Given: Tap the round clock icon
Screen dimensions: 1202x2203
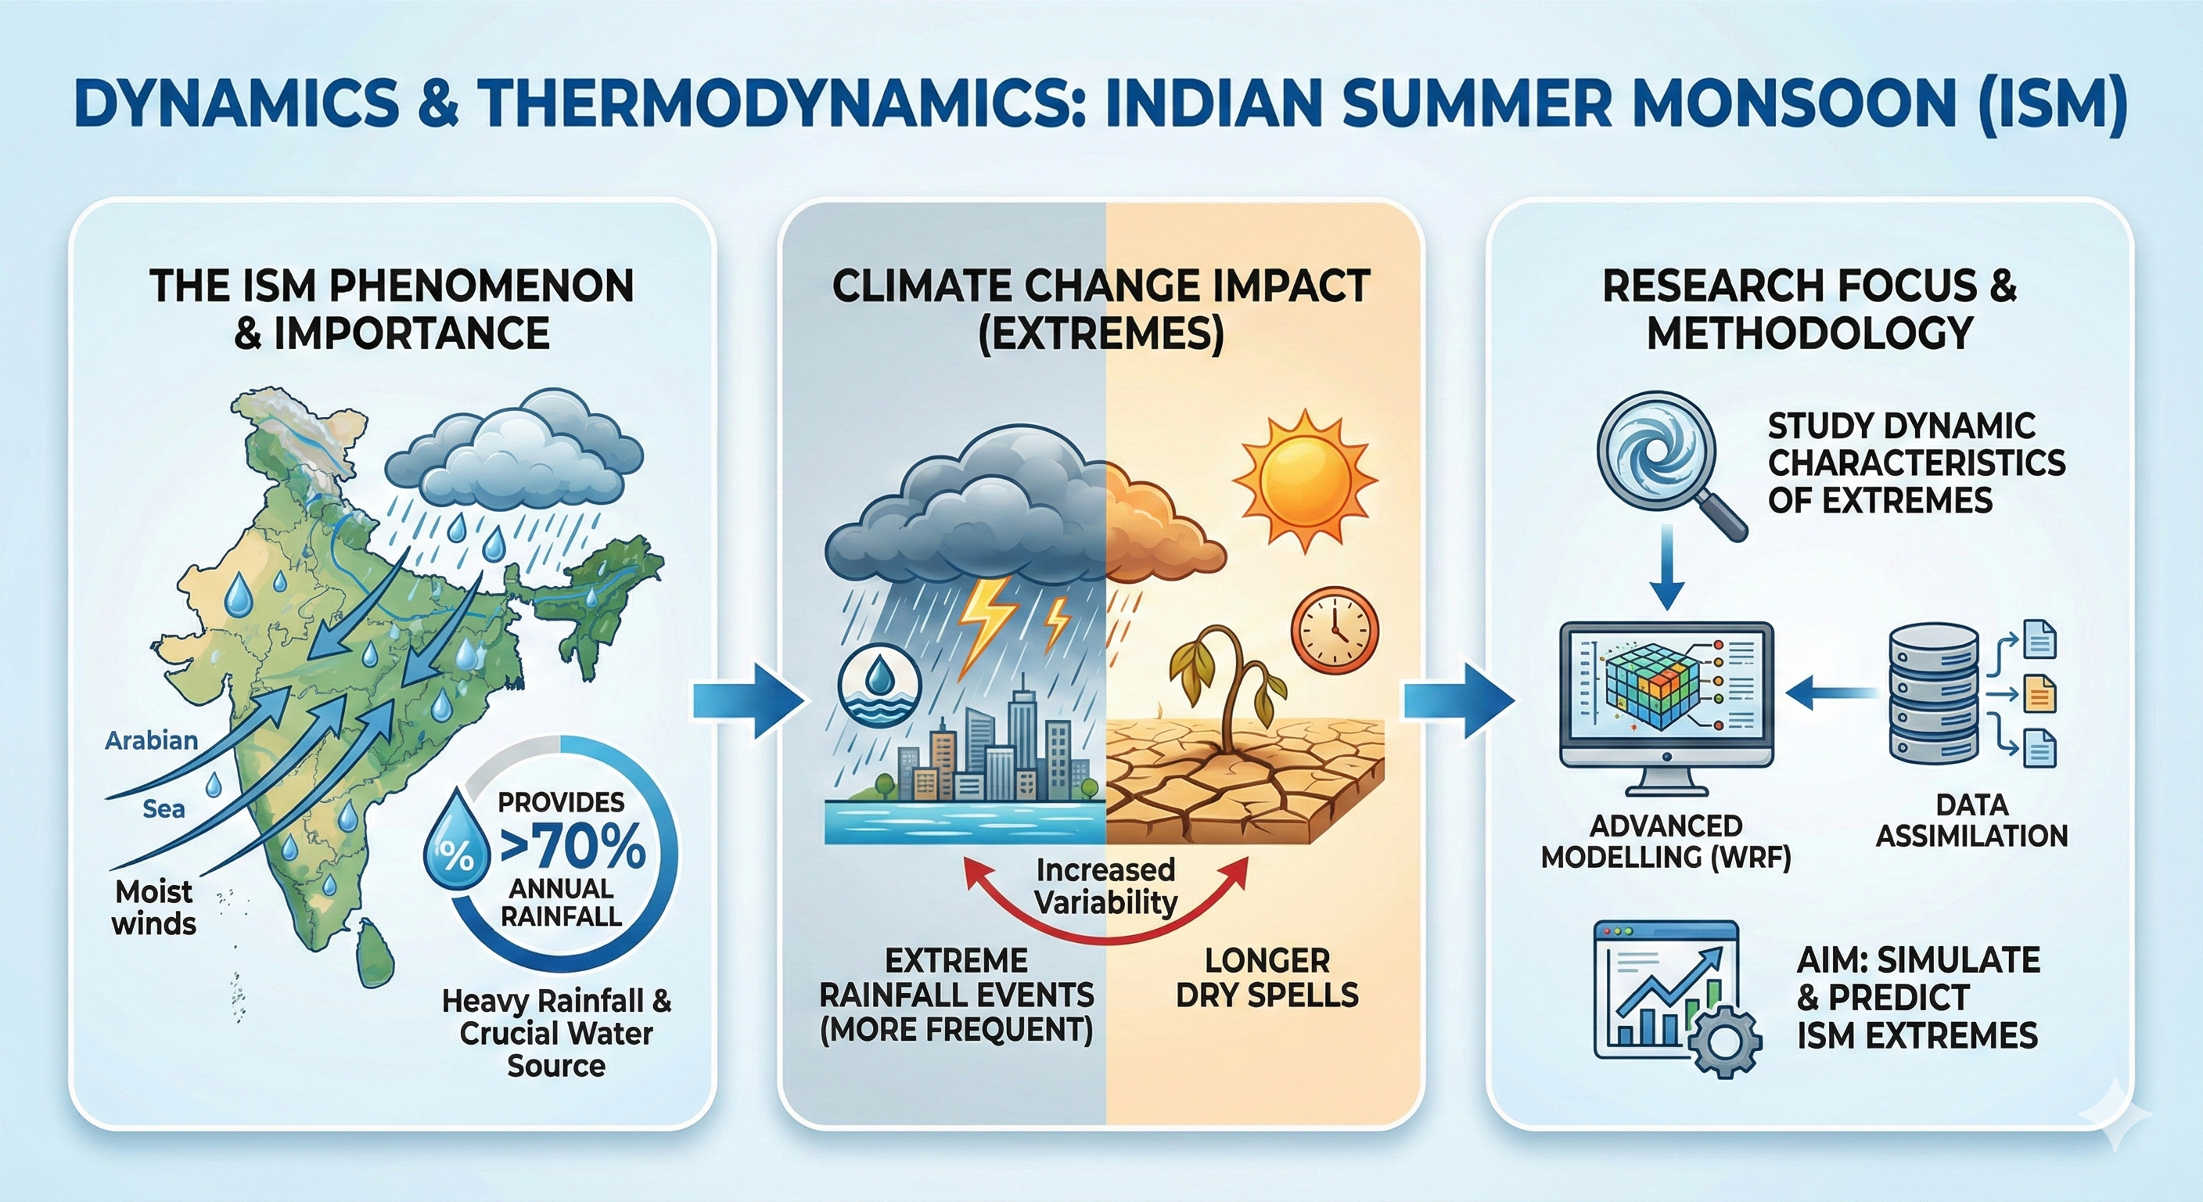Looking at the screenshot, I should pyautogui.click(x=1334, y=630).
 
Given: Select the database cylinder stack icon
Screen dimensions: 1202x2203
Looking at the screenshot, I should pyautogui.click(x=1933, y=694).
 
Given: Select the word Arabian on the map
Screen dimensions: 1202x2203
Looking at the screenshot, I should pyautogui.click(x=151, y=740).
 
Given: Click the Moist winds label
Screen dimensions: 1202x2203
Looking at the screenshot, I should pyautogui.click(x=154, y=908).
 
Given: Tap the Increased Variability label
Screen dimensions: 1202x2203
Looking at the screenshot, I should pyautogui.click(x=1105, y=887).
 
